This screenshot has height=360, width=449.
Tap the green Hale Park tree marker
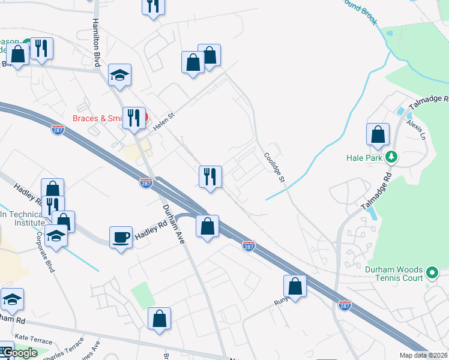(391, 157)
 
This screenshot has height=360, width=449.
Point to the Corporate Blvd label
(46, 252)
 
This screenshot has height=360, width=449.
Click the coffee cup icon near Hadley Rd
(120, 237)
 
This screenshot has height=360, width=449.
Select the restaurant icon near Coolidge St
(210, 176)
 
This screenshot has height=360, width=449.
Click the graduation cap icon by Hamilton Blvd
(119, 75)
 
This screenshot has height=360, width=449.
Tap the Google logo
(19, 353)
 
